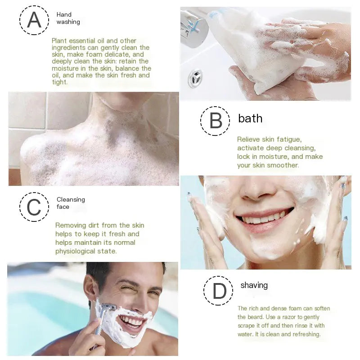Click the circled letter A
(x=34, y=20)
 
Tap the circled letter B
(x=215, y=121)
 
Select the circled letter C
(x=34, y=207)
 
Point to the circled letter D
(x=218, y=291)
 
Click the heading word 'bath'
(x=250, y=118)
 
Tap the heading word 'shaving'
(x=254, y=285)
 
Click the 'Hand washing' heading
(x=68, y=18)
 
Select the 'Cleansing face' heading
(x=71, y=203)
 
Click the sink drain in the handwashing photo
(x=195, y=78)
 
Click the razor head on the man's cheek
(x=108, y=307)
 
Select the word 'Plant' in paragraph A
(x=59, y=41)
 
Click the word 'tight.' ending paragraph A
(x=60, y=82)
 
